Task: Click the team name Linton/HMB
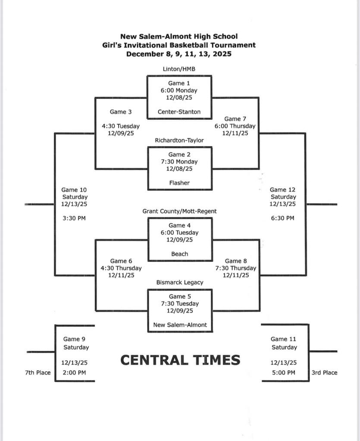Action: (x=179, y=69)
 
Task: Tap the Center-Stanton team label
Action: (x=179, y=112)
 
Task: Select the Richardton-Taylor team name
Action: (x=179, y=140)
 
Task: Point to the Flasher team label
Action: (x=179, y=183)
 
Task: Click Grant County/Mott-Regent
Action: (x=179, y=211)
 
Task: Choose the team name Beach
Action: (x=179, y=254)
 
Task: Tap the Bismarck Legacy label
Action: (x=179, y=283)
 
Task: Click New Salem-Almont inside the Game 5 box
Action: (x=180, y=325)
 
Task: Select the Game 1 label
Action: (x=179, y=83)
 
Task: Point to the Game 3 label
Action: (x=121, y=112)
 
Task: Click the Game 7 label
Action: (x=232, y=119)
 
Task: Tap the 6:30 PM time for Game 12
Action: (x=282, y=218)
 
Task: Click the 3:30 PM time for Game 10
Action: (x=74, y=218)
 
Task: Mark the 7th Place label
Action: (x=38, y=373)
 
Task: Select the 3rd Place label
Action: (x=324, y=373)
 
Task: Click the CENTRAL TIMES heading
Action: (x=180, y=360)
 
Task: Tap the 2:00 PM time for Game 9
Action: (x=74, y=373)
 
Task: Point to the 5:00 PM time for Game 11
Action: (x=283, y=373)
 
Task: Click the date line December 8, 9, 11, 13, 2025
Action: (x=179, y=54)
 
